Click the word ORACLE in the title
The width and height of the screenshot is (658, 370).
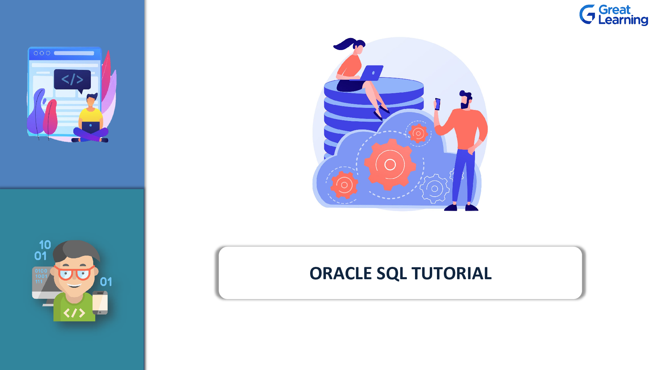pyautogui.click(x=341, y=273)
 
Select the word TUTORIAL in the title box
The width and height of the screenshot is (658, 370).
pyautogui.click(x=452, y=273)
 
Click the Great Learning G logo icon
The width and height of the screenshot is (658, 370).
pyautogui.click(x=587, y=14)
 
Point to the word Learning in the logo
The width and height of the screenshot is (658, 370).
pyautogui.click(x=623, y=20)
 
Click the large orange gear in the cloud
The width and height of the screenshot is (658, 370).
pyautogui.click(x=390, y=164)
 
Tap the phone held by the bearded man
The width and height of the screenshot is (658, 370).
pyautogui.click(x=438, y=104)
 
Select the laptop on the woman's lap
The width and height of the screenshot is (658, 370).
pyautogui.click(x=371, y=73)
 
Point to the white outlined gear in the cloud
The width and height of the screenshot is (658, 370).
pyautogui.click(x=435, y=188)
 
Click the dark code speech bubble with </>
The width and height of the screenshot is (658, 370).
pyautogui.click(x=72, y=80)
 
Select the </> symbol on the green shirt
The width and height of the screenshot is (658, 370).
pyautogui.click(x=74, y=313)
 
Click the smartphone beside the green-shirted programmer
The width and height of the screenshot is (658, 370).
pyautogui.click(x=100, y=303)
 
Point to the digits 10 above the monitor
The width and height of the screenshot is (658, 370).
pyautogui.click(x=45, y=245)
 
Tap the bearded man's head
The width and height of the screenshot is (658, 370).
pyautogui.click(x=465, y=100)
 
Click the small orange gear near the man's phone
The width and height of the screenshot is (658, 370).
pyautogui.click(x=418, y=134)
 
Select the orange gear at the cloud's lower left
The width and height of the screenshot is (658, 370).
pyautogui.click(x=344, y=185)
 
